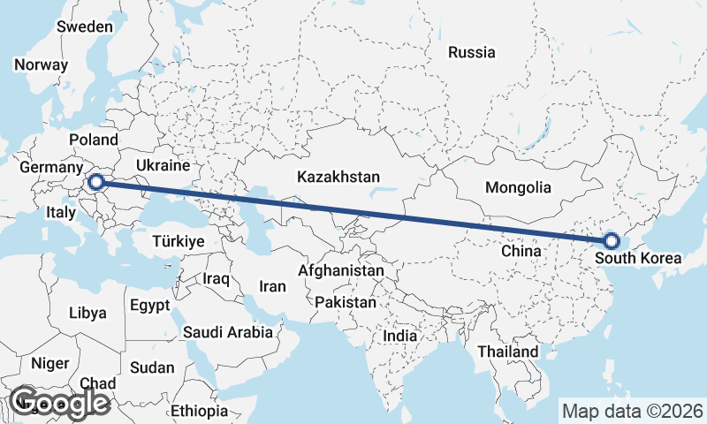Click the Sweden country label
click(85, 26)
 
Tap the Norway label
click(41, 64)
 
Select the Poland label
click(94, 140)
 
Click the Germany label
click(50, 168)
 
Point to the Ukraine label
click(163, 165)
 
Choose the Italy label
click(61, 212)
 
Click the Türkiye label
click(178, 241)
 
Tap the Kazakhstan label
click(338, 176)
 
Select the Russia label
click(471, 52)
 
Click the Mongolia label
click(518, 187)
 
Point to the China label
click(521, 251)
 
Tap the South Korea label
click(638, 259)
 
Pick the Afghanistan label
click(341, 270)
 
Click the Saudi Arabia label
click(228, 333)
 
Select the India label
click(399, 337)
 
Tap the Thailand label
click(507, 352)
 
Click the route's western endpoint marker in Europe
click(97, 183)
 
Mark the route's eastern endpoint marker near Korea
click(611, 240)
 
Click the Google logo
click(59, 402)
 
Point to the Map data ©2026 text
click(633, 411)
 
